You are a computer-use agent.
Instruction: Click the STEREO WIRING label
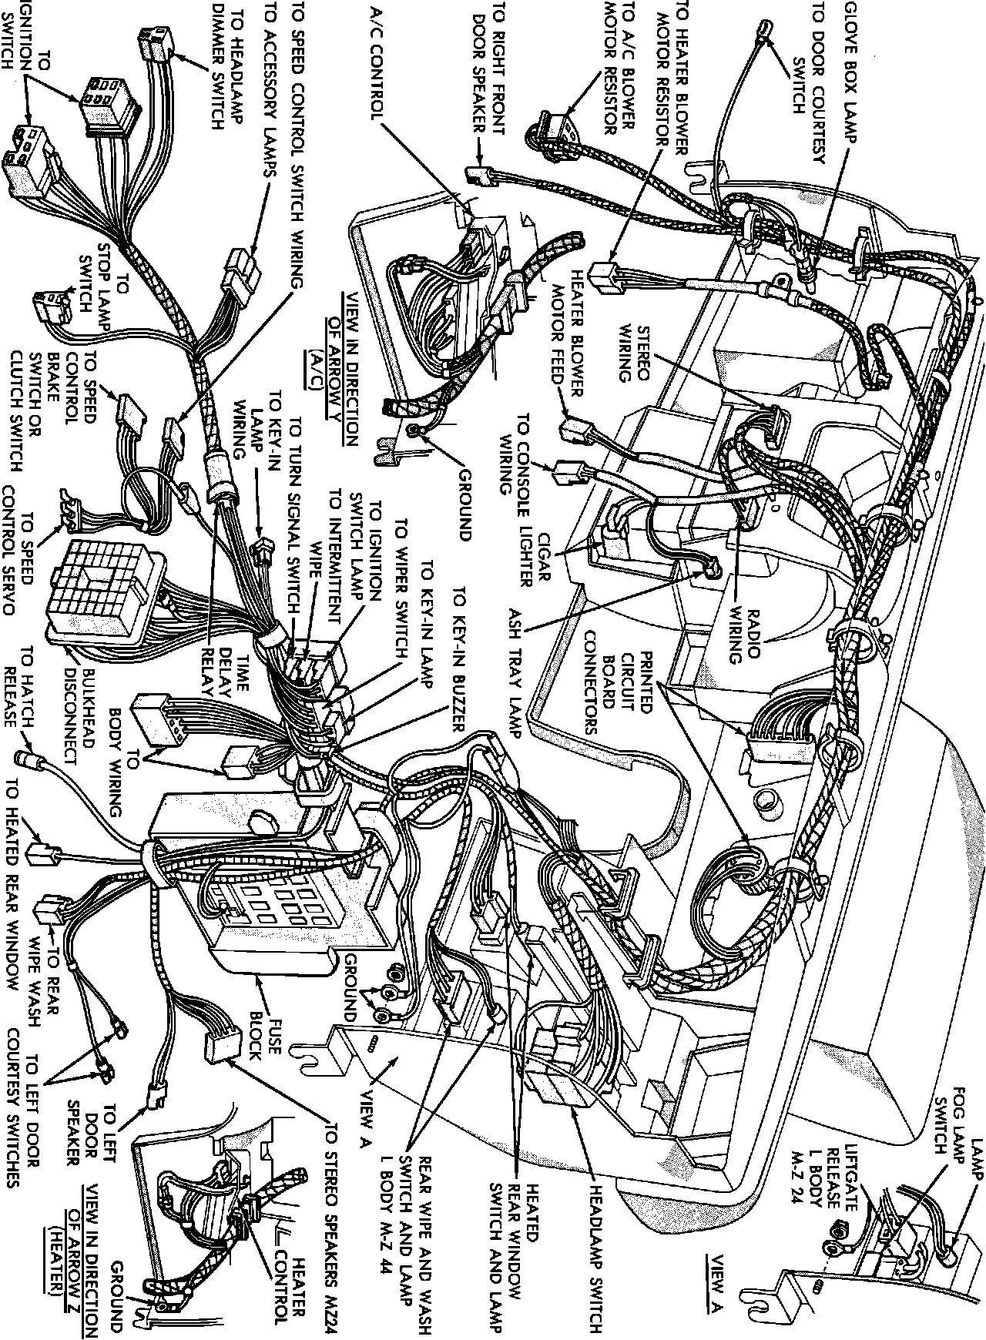(636, 353)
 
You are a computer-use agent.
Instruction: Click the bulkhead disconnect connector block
(100, 589)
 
